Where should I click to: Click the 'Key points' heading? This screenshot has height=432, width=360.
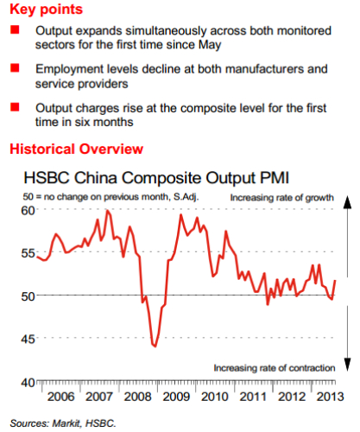point(47,10)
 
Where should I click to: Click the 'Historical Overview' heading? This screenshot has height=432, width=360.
point(77,149)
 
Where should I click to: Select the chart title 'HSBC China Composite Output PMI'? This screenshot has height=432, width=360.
point(156,178)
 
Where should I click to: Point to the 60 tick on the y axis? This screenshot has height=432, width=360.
point(28,211)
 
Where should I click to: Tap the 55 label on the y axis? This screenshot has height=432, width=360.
point(28,253)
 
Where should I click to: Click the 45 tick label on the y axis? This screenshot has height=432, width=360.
point(28,339)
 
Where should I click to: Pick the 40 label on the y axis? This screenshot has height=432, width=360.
point(28,383)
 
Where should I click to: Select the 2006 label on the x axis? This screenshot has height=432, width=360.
point(60,397)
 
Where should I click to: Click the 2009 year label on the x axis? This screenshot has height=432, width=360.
point(176,397)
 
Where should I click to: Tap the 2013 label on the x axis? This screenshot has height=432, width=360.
point(330,397)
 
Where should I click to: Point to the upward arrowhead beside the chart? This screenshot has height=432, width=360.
point(348,202)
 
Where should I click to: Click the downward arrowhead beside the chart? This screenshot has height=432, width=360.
point(348,365)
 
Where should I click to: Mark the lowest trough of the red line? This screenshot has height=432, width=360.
point(155,346)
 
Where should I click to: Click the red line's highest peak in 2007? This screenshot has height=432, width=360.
point(107,211)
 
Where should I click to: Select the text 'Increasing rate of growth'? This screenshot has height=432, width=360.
point(281,198)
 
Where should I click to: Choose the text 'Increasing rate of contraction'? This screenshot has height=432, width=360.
point(275,368)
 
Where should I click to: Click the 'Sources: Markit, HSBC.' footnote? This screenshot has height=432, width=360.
point(63,423)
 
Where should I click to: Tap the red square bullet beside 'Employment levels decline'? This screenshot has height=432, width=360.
point(15,68)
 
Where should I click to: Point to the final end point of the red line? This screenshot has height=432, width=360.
point(335,280)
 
